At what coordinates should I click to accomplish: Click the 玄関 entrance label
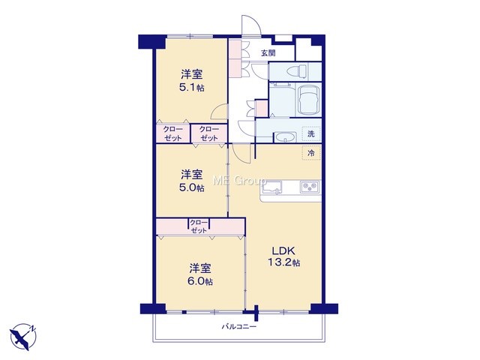(268, 53)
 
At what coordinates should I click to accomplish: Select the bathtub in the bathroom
(309, 100)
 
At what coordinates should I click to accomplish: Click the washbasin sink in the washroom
(285, 137)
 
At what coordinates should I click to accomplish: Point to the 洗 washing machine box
(311, 133)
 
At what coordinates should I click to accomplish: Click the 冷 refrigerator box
(311, 153)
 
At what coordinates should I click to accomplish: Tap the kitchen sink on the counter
(272, 187)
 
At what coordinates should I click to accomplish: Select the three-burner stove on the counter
(310, 187)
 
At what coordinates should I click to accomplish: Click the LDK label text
(283, 251)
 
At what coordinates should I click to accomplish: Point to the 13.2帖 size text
(283, 262)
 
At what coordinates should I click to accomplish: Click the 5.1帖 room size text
(192, 88)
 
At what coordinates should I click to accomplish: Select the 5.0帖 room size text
(192, 187)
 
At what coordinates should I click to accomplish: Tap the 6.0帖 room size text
(200, 281)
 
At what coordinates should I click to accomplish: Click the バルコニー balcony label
(239, 327)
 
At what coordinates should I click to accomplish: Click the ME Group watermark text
(240, 181)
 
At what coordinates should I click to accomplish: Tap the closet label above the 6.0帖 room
(199, 226)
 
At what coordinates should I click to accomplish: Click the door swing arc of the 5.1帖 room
(218, 111)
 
